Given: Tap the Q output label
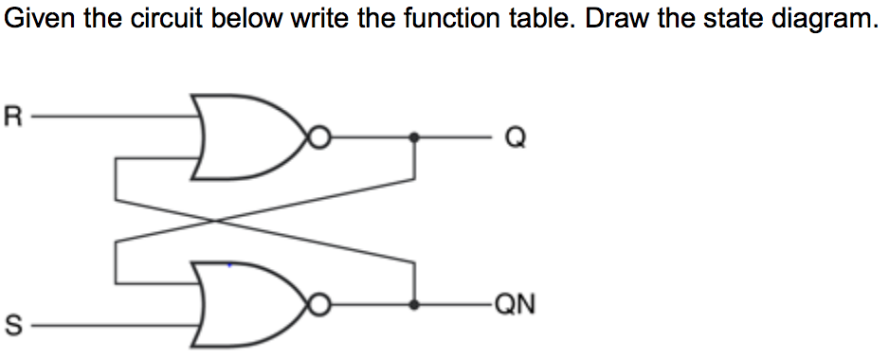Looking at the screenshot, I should coord(515,139).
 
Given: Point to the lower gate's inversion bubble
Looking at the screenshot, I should coord(321,306).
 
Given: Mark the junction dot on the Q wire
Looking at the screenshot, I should coord(414,137).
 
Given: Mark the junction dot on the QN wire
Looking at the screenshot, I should coord(414,306).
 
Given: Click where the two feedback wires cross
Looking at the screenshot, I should coord(217,221).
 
